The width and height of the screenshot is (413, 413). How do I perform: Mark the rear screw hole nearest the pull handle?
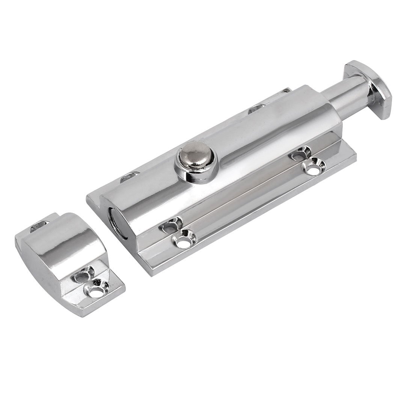pos(256,109)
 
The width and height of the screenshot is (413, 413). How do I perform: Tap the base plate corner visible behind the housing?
pos(288,90)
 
